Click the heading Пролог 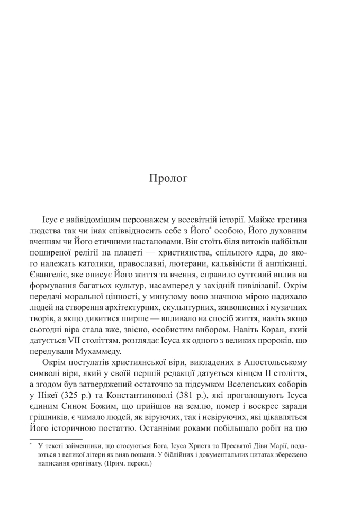pos(168,179)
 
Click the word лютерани pos(184,263)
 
